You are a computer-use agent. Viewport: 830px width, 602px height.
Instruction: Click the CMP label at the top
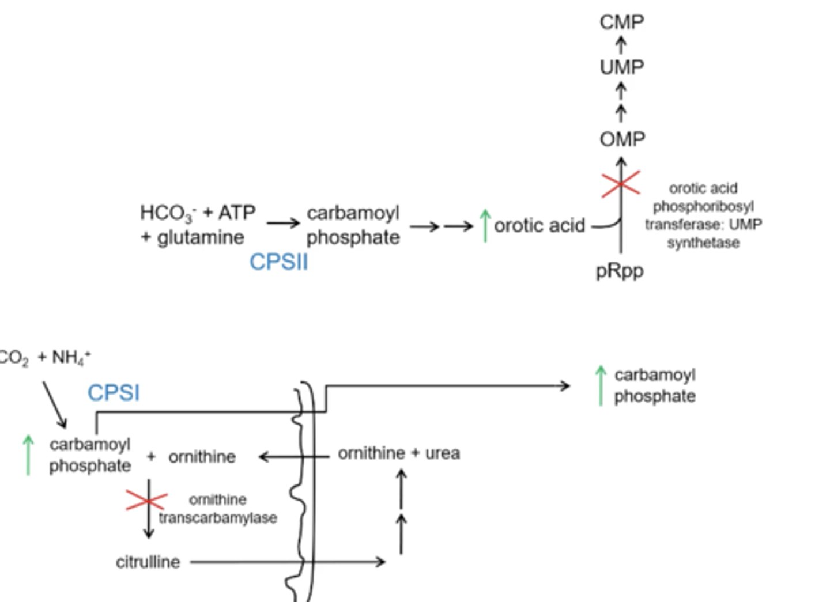[621, 22]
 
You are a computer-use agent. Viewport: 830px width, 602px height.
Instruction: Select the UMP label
[621, 67]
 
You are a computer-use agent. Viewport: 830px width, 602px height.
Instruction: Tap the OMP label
[622, 139]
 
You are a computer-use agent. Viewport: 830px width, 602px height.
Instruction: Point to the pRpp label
[620, 271]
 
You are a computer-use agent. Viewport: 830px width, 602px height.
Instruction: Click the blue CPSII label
[278, 263]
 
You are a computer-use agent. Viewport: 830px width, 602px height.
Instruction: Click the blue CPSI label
[114, 393]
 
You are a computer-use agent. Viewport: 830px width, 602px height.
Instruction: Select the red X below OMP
[620, 184]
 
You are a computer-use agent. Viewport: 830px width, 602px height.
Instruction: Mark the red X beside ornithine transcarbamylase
[148, 501]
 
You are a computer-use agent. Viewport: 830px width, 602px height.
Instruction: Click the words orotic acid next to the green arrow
[539, 225]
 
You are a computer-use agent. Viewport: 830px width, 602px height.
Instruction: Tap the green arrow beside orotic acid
[485, 225]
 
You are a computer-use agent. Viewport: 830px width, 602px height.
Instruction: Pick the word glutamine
[200, 237]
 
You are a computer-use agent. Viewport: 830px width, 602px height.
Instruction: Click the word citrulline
[148, 562]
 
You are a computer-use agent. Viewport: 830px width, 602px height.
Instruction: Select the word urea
[442, 453]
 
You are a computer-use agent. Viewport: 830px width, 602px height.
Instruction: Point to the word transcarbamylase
[218, 518]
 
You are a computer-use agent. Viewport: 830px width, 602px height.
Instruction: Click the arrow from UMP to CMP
[621, 44]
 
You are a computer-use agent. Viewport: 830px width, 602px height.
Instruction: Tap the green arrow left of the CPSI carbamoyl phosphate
[28, 455]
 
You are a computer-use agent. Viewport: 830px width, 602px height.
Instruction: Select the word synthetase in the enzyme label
[703, 243]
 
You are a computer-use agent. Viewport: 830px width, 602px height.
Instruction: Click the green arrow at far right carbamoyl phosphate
[601, 385]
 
